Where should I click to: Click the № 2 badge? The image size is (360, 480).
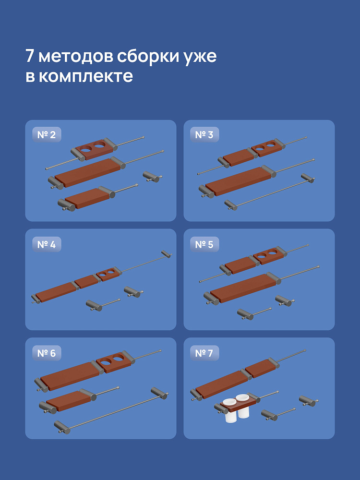click(x=47, y=135)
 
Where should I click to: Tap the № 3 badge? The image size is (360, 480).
click(x=204, y=135)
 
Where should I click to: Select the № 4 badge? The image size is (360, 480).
click(x=47, y=244)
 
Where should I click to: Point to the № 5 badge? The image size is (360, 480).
click(x=204, y=244)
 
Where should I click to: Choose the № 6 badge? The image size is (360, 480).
click(x=47, y=353)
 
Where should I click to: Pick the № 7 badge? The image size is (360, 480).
click(x=204, y=353)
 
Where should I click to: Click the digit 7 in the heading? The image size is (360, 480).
click(x=30, y=56)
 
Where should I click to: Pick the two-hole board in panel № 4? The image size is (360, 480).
click(x=108, y=274)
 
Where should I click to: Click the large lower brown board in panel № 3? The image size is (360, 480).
click(x=238, y=181)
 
